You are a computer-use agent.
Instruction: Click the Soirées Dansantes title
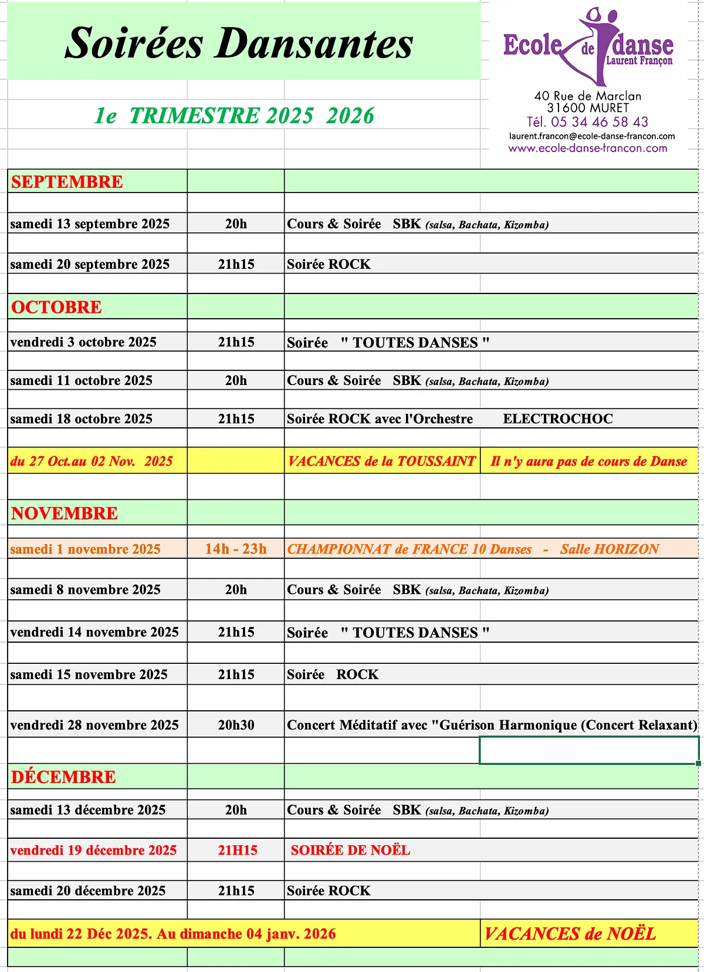click(239, 43)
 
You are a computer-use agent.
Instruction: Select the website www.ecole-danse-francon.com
click(588, 148)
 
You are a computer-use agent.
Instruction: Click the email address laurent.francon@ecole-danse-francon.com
click(592, 136)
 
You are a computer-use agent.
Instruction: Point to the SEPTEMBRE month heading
click(67, 182)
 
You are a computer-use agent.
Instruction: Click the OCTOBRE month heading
click(56, 307)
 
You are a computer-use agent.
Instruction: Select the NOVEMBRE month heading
click(65, 514)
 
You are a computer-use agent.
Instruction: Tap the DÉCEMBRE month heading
click(63, 777)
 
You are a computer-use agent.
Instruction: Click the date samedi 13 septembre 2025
click(90, 224)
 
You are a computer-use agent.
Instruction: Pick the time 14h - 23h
click(236, 549)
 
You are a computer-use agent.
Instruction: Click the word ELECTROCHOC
click(558, 419)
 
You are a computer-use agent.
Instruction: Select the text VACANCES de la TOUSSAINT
click(381, 461)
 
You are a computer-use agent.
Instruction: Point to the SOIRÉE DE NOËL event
click(350, 851)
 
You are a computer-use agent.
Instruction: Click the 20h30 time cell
click(236, 725)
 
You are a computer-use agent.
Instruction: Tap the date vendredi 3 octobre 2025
click(83, 342)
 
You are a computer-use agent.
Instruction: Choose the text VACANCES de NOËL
click(570, 934)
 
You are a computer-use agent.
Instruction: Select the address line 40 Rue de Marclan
click(588, 96)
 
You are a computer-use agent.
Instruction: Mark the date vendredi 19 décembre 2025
click(93, 851)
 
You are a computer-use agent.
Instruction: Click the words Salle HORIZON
click(610, 549)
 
